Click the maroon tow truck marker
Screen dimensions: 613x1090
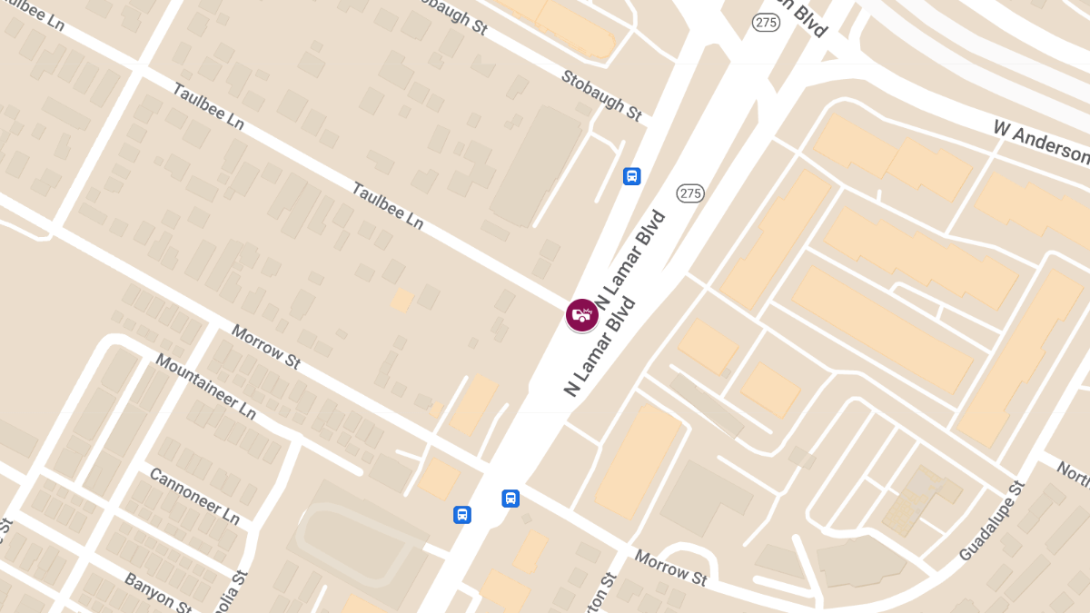(x=581, y=315)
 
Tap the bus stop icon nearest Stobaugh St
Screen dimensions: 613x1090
(x=631, y=176)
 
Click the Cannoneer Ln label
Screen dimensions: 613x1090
(x=193, y=496)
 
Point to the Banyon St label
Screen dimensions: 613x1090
(x=155, y=593)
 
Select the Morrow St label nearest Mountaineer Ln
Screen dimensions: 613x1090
(x=265, y=347)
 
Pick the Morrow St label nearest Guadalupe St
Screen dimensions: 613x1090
(x=670, y=569)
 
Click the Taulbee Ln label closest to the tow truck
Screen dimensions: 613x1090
(x=388, y=206)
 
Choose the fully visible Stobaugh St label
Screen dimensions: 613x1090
(x=601, y=95)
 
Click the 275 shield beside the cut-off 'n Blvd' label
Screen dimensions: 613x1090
(x=766, y=23)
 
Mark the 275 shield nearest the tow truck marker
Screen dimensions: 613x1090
(x=690, y=193)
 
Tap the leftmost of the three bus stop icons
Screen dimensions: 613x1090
(x=462, y=515)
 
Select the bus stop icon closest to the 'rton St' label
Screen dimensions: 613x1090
(x=510, y=498)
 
